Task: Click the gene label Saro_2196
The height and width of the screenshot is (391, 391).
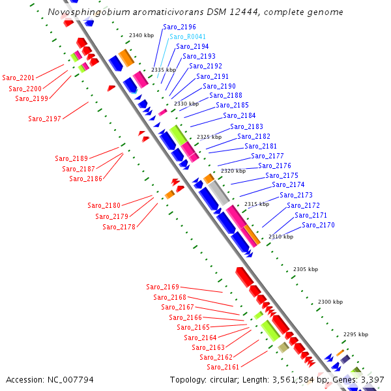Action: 179,27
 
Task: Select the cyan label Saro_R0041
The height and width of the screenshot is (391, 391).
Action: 188,36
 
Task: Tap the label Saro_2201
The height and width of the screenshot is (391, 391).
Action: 19,78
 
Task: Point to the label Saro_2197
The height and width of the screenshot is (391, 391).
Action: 45,119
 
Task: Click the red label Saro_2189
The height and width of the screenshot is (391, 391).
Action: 71,158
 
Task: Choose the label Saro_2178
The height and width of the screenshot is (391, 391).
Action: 119,227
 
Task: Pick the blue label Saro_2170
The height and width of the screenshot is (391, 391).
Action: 318,225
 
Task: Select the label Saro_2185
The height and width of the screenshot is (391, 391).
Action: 232,105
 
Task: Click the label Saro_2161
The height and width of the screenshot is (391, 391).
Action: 223,367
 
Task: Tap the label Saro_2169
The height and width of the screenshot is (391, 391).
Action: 162,287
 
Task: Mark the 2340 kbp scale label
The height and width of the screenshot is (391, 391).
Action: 141,35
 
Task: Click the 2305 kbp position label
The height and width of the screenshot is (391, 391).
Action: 305,269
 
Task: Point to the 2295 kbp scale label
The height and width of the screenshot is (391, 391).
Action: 356,334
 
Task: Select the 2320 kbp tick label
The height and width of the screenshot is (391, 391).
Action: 233,171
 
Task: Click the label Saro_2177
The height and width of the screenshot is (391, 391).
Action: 267,156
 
